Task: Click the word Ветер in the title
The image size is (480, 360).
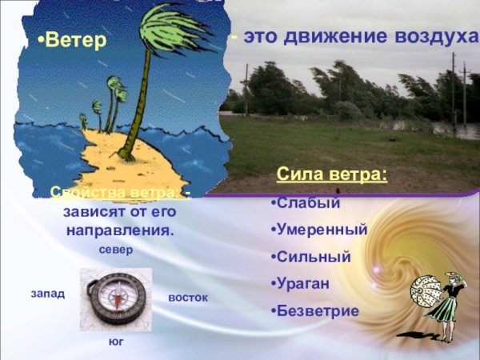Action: coord(75,40)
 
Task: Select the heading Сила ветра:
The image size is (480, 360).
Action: coord(332,174)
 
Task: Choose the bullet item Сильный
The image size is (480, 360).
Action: coord(314,257)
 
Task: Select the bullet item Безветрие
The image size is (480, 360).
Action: coord(318,310)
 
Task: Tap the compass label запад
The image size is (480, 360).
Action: coord(47,294)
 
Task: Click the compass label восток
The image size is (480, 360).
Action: coord(188,298)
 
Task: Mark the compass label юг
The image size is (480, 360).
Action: coord(117,342)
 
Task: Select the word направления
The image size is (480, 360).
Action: coord(118,230)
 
